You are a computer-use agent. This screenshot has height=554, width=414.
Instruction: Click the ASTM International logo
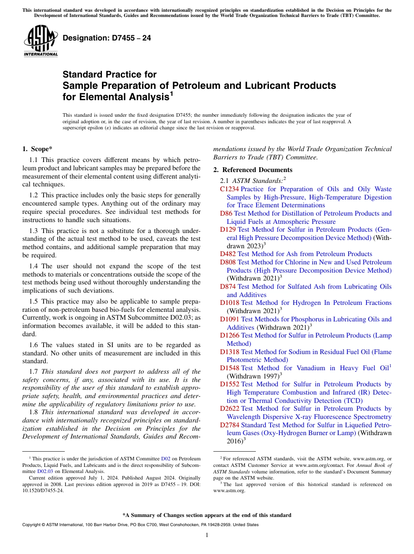(41, 42)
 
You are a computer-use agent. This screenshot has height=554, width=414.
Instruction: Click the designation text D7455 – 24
(107, 38)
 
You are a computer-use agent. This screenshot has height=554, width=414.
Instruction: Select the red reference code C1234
(229, 189)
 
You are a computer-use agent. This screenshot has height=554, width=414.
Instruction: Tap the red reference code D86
(226, 213)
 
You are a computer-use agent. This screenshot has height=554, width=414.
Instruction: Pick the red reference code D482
(228, 254)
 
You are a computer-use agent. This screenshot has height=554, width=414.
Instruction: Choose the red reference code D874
(228, 287)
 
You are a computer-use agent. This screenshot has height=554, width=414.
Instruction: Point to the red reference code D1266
(230, 335)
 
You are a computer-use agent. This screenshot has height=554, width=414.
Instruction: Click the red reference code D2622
(230, 409)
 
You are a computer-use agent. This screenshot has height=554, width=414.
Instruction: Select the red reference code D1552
(230, 384)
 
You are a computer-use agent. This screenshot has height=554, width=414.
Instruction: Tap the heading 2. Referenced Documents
(253, 170)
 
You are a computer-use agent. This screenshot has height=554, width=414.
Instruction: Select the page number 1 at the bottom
(207, 535)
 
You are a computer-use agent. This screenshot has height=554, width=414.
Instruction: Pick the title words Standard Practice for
(109, 74)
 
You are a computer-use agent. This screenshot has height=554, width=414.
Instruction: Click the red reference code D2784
(230, 425)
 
